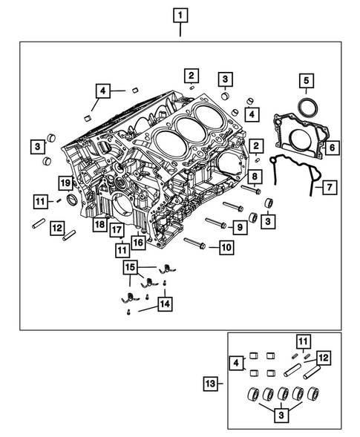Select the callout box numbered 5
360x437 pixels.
coord(307,80)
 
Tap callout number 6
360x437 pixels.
coord(332,148)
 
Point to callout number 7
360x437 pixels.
coord(327,186)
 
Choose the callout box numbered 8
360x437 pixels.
coord(254,177)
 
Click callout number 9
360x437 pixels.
coord(239,225)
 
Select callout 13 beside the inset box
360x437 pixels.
coord(212,383)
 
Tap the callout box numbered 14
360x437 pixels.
coord(162,303)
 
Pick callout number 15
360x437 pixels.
coord(131,266)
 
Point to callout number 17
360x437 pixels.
coord(117,230)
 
